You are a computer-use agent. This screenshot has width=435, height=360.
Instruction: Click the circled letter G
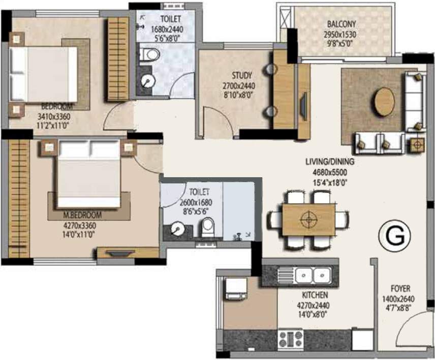click(395, 237)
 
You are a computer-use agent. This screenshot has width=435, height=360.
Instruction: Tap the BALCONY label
click(341, 24)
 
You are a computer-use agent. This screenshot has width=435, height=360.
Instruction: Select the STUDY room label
click(242, 75)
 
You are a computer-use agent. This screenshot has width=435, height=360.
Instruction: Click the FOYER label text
click(400, 288)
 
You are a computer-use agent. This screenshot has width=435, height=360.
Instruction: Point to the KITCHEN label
click(315, 295)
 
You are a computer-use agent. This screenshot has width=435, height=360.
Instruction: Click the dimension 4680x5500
click(330, 172)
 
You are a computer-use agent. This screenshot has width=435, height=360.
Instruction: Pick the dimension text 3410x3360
click(53, 116)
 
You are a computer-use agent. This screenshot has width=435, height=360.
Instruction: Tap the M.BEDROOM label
click(82, 215)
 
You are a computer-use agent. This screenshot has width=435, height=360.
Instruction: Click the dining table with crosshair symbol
click(308, 219)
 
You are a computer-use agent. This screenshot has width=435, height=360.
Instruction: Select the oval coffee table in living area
click(384, 102)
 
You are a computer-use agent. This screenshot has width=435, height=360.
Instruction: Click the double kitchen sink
click(313, 276)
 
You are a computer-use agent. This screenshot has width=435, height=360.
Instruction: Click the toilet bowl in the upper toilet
click(149, 54)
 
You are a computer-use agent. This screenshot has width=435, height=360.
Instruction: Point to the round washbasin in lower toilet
click(177, 228)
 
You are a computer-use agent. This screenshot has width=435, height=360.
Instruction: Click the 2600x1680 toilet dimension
click(196, 203)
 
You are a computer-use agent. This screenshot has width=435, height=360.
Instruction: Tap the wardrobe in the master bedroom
click(19, 198)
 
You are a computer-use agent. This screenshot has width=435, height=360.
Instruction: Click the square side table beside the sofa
click(417, 145)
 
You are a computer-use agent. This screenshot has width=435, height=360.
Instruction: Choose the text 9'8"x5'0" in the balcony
click(340, 44)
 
